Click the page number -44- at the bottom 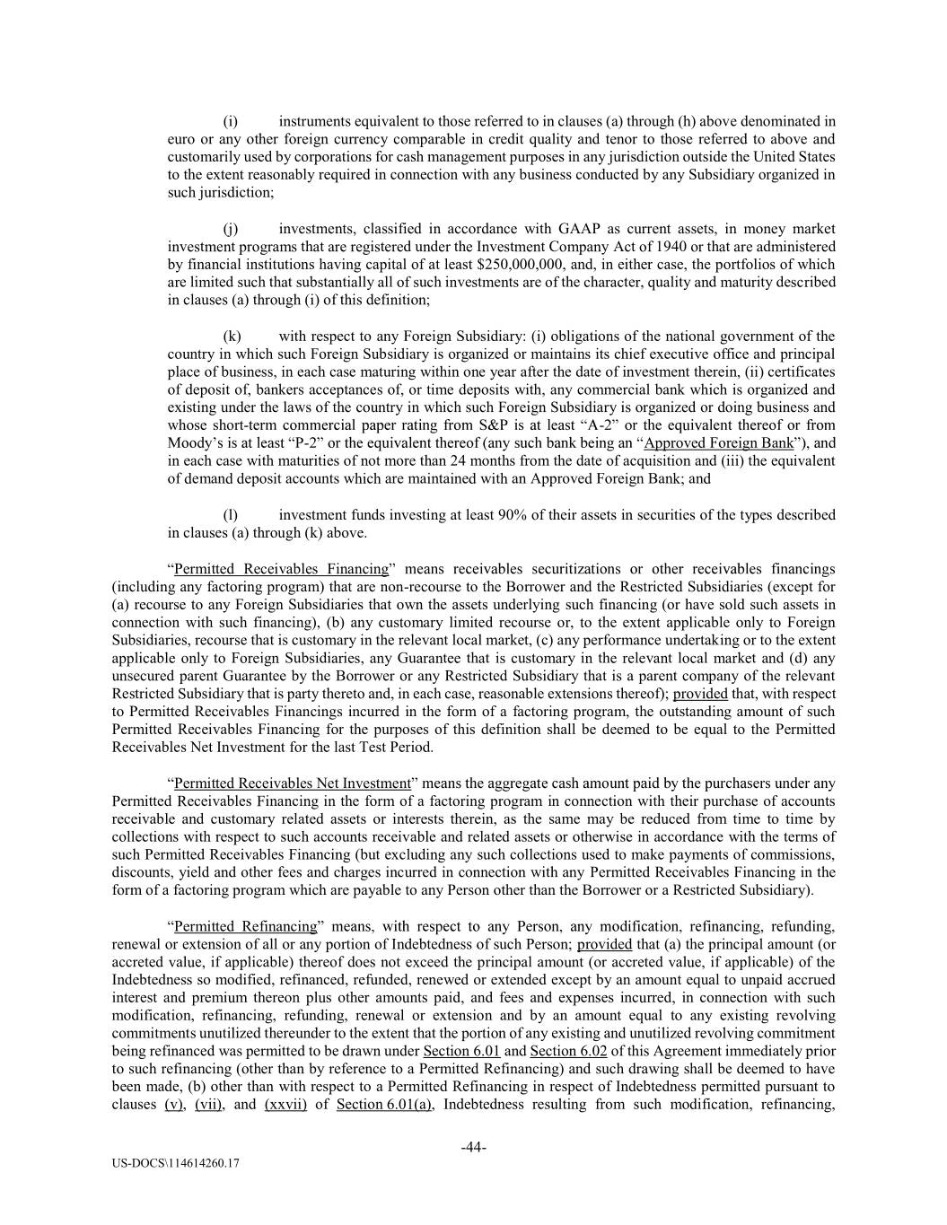tap(473, 1147)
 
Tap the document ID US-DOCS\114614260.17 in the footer tap(176, 1163)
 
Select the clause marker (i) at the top tap(230, 121)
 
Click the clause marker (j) tap(230, 229)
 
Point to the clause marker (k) tap(231, 337)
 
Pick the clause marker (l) tap(230, 515)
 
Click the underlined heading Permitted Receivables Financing tap(281, 569)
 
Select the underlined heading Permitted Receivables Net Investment tap(292, 783)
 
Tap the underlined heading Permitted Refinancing tap(245, 926)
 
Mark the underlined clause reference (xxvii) tap(285, 1105)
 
